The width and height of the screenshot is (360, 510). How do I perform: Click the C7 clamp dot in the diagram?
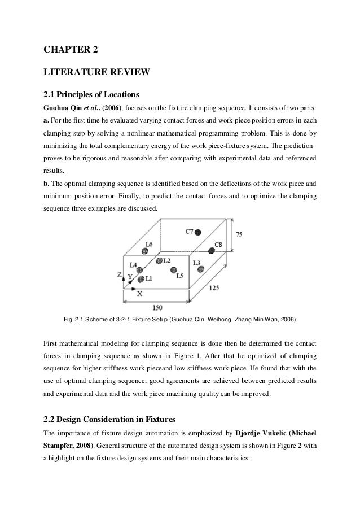[x=199, y=232]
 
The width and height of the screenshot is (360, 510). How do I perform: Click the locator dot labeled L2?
[x=159, y=261]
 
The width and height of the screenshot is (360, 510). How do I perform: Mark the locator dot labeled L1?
[x=140, y=278]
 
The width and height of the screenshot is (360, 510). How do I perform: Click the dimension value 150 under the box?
[x=158, y=308]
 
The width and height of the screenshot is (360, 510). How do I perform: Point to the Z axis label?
[x=119, y=274]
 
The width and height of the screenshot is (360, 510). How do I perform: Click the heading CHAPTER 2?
[x=71, y=49]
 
